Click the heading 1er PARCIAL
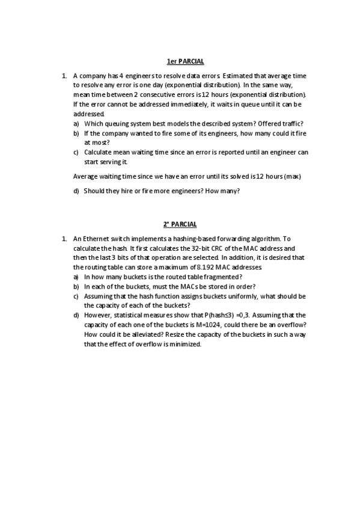pyautogui.click(x=185, y=61)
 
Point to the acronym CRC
pyautogui.click(x=217, y=248)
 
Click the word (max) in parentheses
pyautogui.click(x=292, y=176)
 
